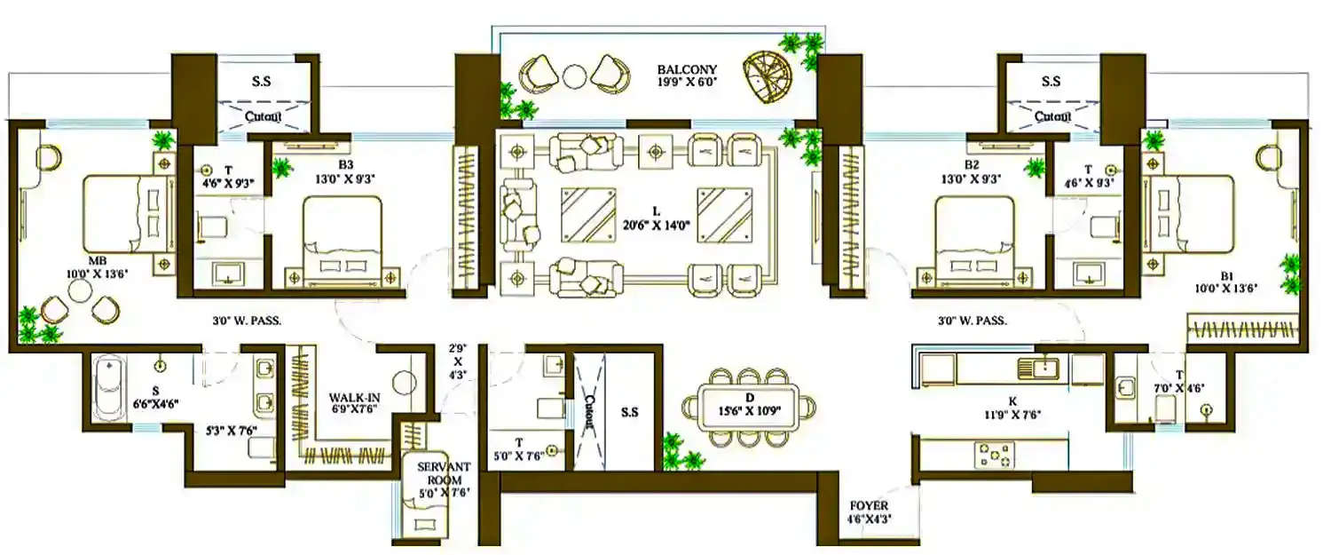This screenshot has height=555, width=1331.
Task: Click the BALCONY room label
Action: coord(687,69)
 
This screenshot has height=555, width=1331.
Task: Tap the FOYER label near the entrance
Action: coord(868,505)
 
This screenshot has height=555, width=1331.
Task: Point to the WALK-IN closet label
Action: coord(355,397)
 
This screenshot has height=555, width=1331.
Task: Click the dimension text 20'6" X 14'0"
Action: coord(657,226)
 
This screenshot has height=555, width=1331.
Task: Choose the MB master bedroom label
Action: coord(98,261)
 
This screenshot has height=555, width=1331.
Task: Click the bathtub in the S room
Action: coord(108,392)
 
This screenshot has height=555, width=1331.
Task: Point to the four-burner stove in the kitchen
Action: coord(994,456)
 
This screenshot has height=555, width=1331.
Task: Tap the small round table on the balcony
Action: coord(576,76)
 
